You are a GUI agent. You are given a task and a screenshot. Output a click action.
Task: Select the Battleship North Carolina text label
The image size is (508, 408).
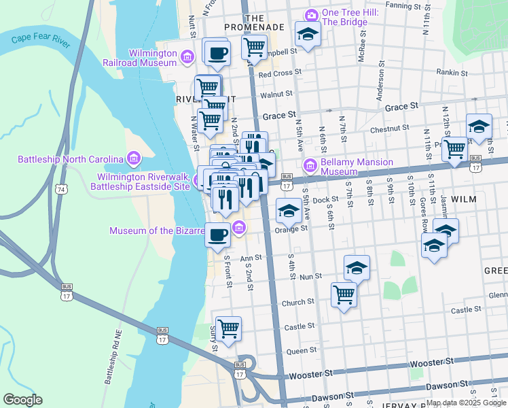click(71, 160)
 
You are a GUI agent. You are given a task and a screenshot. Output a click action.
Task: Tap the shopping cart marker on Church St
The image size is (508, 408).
click(344, 294)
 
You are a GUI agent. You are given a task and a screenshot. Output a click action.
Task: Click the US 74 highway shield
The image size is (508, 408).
click(63, 188)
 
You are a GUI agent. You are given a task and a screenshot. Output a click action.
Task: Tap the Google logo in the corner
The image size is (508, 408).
click(22, 399)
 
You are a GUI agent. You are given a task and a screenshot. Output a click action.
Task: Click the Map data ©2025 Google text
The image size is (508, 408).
click(466, 403)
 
